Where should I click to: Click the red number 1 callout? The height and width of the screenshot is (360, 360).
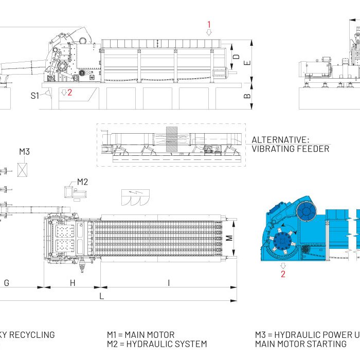tap(209, 24)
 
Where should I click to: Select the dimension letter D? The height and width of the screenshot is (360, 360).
tap(236, 56)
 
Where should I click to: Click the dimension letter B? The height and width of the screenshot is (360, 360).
tap(247, 96)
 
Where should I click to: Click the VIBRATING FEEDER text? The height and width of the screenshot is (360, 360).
tap(290, 149)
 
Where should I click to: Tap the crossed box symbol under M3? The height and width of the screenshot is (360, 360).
tap(23, 170)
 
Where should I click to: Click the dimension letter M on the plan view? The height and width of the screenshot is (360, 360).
tap(230, 237)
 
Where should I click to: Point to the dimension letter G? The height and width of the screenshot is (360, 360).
tap(7, 282)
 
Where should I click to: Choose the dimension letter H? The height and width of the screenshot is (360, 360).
tap(73, 282)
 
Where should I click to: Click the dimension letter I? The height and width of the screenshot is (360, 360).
tap(169, 282)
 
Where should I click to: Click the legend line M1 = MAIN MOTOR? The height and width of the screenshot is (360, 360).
tap(140, 335)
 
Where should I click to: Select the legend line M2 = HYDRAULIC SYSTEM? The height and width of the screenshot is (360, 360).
tap(157, 344)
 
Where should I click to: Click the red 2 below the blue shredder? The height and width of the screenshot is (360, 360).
tap(282, 274)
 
